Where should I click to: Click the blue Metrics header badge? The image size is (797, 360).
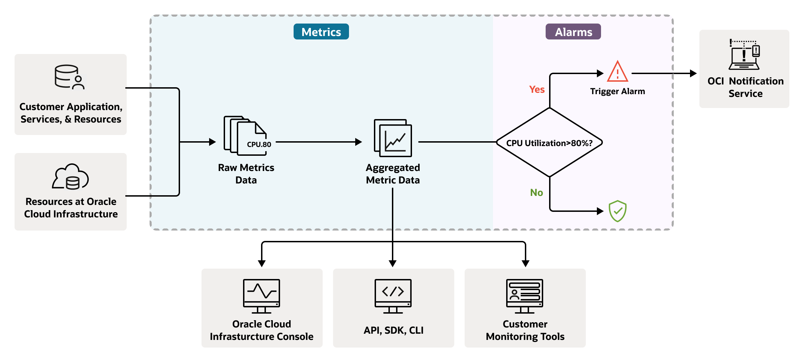tap(321, 32)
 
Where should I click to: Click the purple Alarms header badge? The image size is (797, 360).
tap(573, 32)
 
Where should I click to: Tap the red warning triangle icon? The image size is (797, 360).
tap(617, 72)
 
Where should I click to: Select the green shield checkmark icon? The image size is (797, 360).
tap(617, 211)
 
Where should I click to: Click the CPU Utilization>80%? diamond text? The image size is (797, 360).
tap(549, 143)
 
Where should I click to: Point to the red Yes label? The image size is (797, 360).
tap(537, 90)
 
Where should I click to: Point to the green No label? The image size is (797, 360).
tap(536, 192)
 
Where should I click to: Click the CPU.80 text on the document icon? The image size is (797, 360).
tap(259, 144)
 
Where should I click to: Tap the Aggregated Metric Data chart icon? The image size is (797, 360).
tap(393, 138)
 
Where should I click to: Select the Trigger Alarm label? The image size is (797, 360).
tap(617, 91)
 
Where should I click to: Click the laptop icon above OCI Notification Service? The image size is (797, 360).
tap(744, 55)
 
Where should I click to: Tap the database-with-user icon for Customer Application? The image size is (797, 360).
tap(70, 77)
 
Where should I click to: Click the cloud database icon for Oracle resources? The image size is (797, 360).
tap(70, 177)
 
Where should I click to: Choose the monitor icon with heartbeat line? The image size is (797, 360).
tap(261, 296)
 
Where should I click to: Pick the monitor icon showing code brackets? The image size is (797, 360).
tap(393, 296)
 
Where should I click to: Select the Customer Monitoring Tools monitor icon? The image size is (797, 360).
tap(525, 296)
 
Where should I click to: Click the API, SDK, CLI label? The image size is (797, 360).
tap(393, 330)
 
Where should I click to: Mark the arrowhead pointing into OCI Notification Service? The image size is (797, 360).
tap(693, 73)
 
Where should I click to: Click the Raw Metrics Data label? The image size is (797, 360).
tap(246, 174)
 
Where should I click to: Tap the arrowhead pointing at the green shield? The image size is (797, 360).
tap(600, 211)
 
